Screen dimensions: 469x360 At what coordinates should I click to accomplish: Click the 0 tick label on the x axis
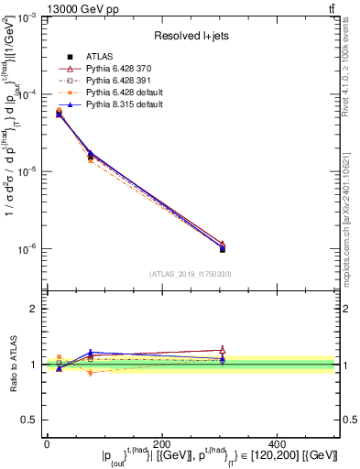click(x=47, y=442)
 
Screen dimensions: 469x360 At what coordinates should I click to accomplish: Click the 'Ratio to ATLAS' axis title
click(x=11, y=364)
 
